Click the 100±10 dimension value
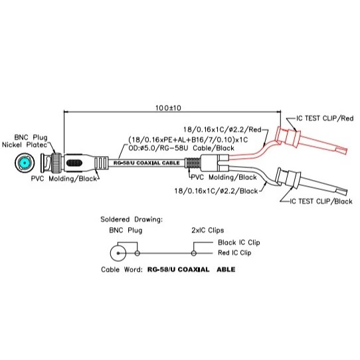[168, 108]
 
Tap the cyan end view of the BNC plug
[25, 163]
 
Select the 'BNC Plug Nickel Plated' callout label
[25, 141]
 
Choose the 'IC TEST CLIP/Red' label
[325, 118]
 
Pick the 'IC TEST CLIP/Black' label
[321, 201]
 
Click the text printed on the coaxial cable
[147, 163]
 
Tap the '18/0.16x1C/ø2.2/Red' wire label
[223, 130]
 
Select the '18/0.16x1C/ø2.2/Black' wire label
[216, 191]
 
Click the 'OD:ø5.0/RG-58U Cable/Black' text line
[181, 148]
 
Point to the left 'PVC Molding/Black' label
[64, 179]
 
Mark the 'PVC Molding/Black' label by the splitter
[224, 177]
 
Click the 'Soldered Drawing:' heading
[132, 219]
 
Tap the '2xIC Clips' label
[208, 230]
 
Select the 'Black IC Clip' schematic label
[239, 242]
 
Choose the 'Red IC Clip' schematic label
[234, 253]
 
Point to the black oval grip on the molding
[74, 163]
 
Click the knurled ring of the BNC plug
[56, 163]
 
